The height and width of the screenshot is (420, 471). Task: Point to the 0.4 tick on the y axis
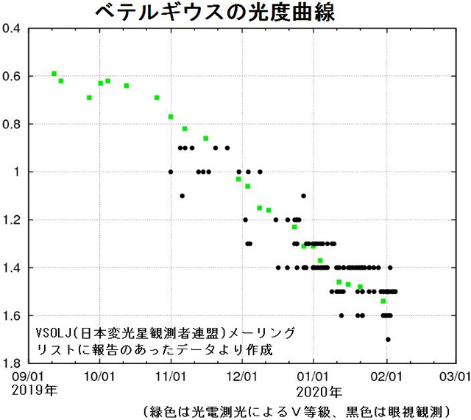(x=15, y=29)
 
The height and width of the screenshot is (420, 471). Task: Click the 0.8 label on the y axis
(x=15, y=124)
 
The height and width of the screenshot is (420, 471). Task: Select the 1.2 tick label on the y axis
(x=15, y=220)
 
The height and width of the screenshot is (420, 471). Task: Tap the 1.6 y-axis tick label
(x=15, y=315)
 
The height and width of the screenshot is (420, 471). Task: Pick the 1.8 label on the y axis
(x=15, y=363)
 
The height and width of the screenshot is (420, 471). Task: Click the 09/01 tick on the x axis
(x=27, y=375)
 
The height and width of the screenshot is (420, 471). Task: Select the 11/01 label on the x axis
(x=171, y=375)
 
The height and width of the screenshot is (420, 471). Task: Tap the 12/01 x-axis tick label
(x=242, y=375)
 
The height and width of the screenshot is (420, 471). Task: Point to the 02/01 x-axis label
(x=386, y=375)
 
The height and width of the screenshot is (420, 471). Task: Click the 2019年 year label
(x=29, y=389)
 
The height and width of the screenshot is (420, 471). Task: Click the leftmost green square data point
(x=54, y=74)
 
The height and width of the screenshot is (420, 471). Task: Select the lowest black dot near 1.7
(x=388, y=340)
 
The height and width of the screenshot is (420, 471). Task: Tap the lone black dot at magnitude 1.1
(x=182, y=196)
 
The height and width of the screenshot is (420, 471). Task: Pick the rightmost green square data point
(x=383, y=301)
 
